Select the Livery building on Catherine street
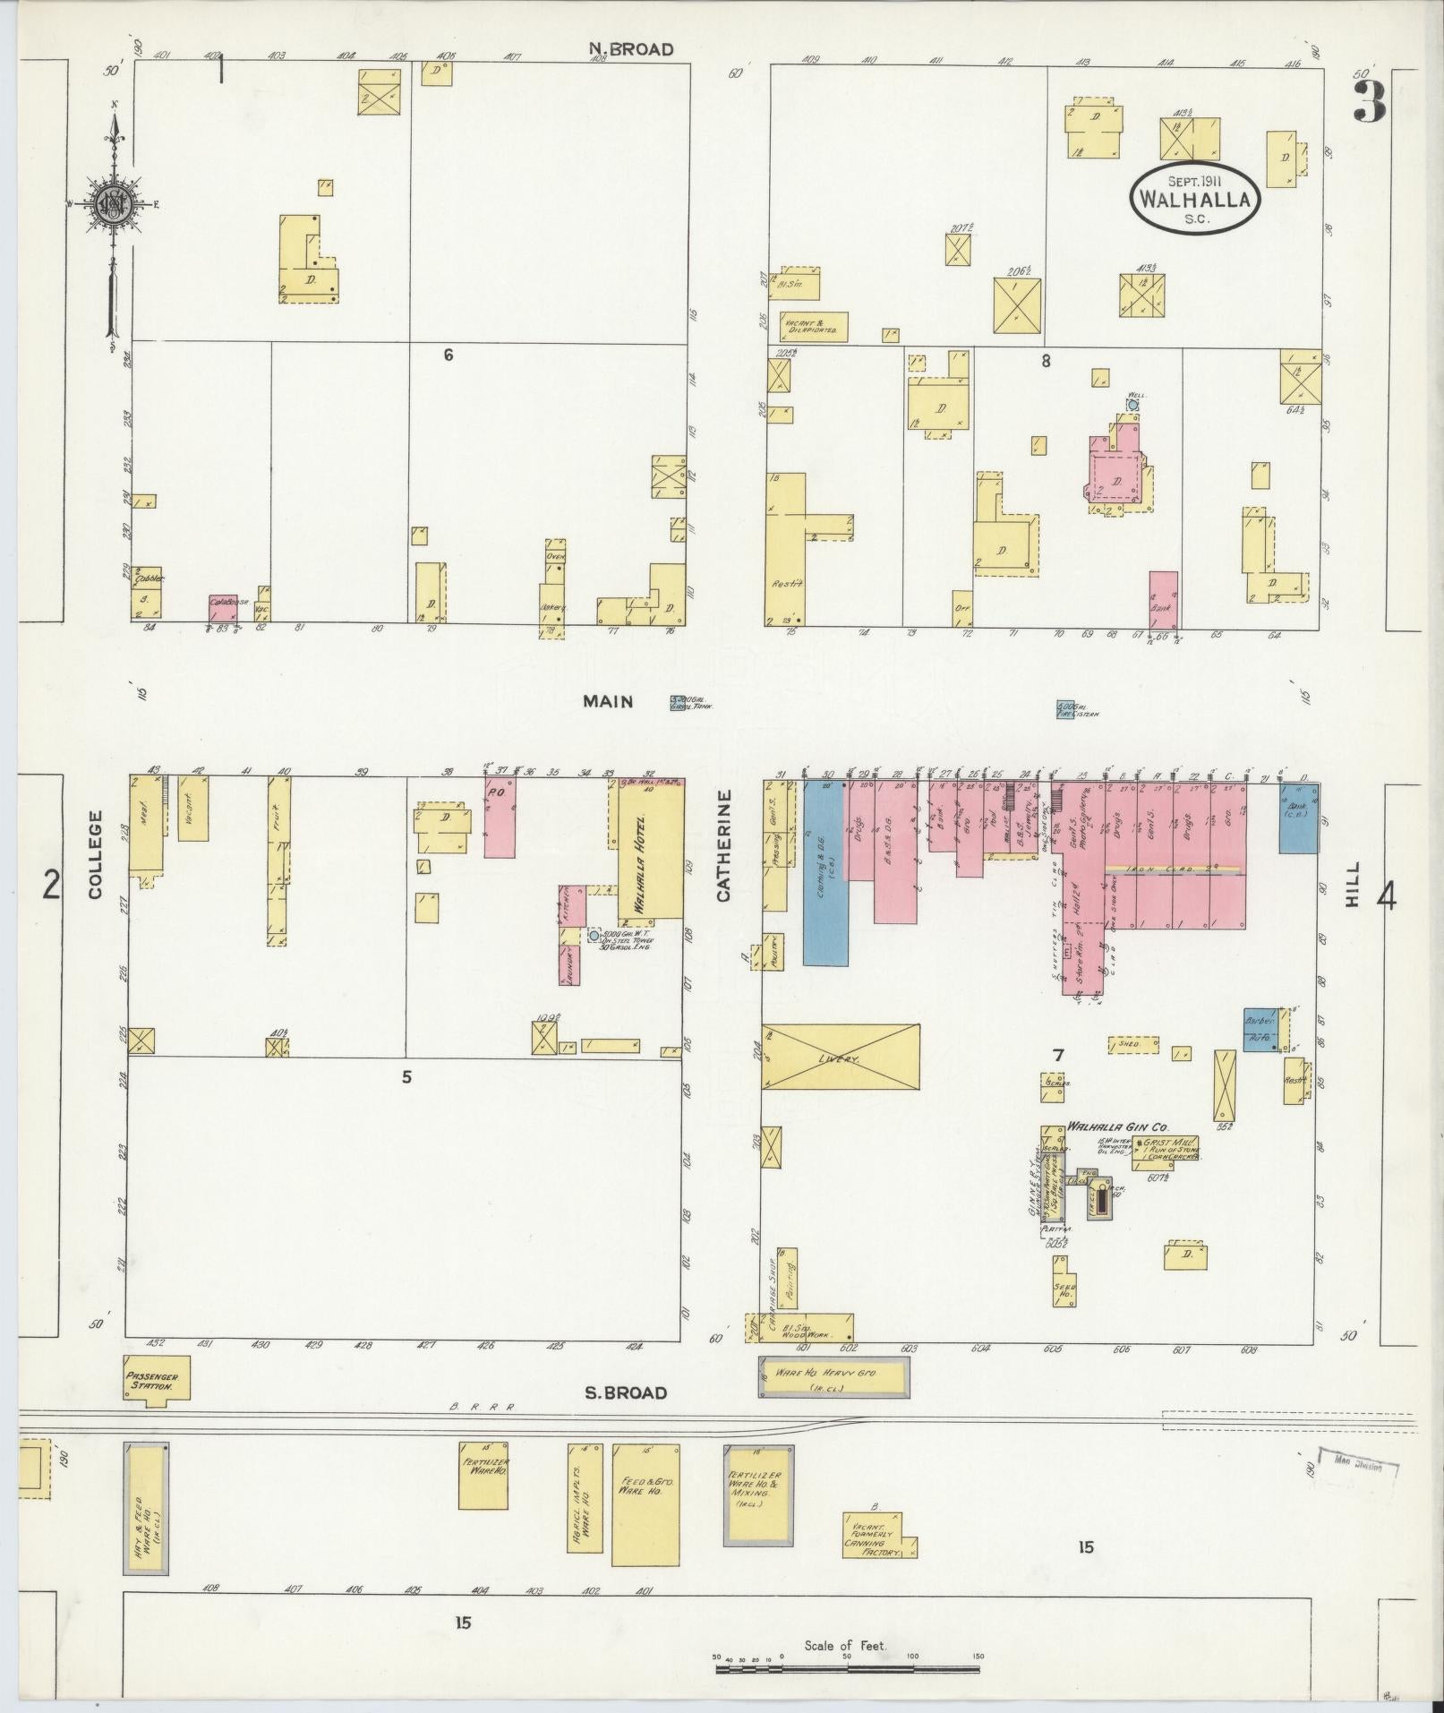(840, 1057)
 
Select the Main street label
(608, 701)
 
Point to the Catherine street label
(723, 845)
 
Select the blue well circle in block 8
(1132, 405)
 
